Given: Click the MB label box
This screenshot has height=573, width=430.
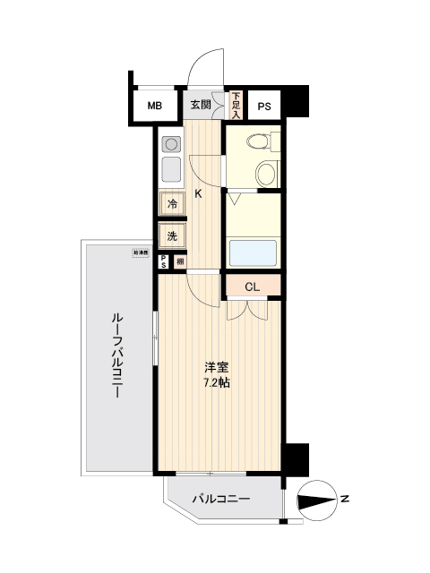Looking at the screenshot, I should coord(155,107).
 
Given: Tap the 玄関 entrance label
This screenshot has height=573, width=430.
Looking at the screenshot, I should coord(201,105).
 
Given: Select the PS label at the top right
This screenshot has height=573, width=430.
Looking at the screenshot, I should coord(264,107).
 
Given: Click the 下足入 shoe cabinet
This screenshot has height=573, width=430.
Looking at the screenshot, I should coord(236,106).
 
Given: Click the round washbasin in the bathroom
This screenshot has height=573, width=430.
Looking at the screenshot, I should coord(266,173).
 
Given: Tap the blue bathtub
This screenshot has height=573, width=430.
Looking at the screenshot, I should coord(253,252).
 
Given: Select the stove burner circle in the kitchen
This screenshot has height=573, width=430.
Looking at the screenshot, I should coord(170,143).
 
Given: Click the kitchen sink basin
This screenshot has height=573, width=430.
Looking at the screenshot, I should coord(170,169).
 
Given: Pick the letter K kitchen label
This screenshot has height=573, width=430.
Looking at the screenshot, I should coord(199,194).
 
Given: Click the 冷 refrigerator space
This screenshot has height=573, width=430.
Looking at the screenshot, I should coord(172,204).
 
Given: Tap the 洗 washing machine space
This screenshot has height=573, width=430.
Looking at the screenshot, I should coord(172,236).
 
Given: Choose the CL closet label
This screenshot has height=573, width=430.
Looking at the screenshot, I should coord(252,286).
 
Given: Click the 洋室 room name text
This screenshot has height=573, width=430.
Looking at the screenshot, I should coord(216,367).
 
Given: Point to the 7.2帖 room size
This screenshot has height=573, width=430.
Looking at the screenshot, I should coord(217,382).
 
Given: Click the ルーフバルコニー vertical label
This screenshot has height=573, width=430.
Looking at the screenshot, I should coord(116,359).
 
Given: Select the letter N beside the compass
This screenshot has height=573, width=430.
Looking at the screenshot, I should coord(344,498).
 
